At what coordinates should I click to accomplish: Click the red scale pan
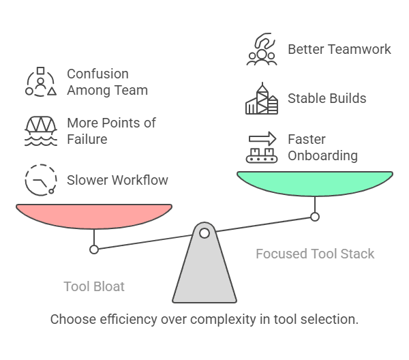(94, 215)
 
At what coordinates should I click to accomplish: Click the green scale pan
(315, 183)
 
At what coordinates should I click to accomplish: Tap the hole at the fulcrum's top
(204, 233)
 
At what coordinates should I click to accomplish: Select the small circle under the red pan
(94, 250)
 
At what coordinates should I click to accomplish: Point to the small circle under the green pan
(315, 217)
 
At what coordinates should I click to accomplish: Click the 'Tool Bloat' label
(94, 286)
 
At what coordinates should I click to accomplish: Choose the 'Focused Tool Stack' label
(315, 254)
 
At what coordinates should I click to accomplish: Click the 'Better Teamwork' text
(339, 49)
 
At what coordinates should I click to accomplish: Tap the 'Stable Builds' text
(327, 98)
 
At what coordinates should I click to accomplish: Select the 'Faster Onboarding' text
(322, 147)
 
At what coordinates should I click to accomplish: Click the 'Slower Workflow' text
(117, 180)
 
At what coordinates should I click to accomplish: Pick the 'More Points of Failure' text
(111, 131)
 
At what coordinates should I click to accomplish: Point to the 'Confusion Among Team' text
(107, 82)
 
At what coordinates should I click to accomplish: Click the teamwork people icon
(261, 50)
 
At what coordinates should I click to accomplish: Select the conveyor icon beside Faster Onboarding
(262, 148)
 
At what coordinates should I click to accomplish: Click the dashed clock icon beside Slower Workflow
(41, 180)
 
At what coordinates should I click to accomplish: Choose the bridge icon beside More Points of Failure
(41, 131)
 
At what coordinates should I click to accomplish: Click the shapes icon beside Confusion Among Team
(41, 82)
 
